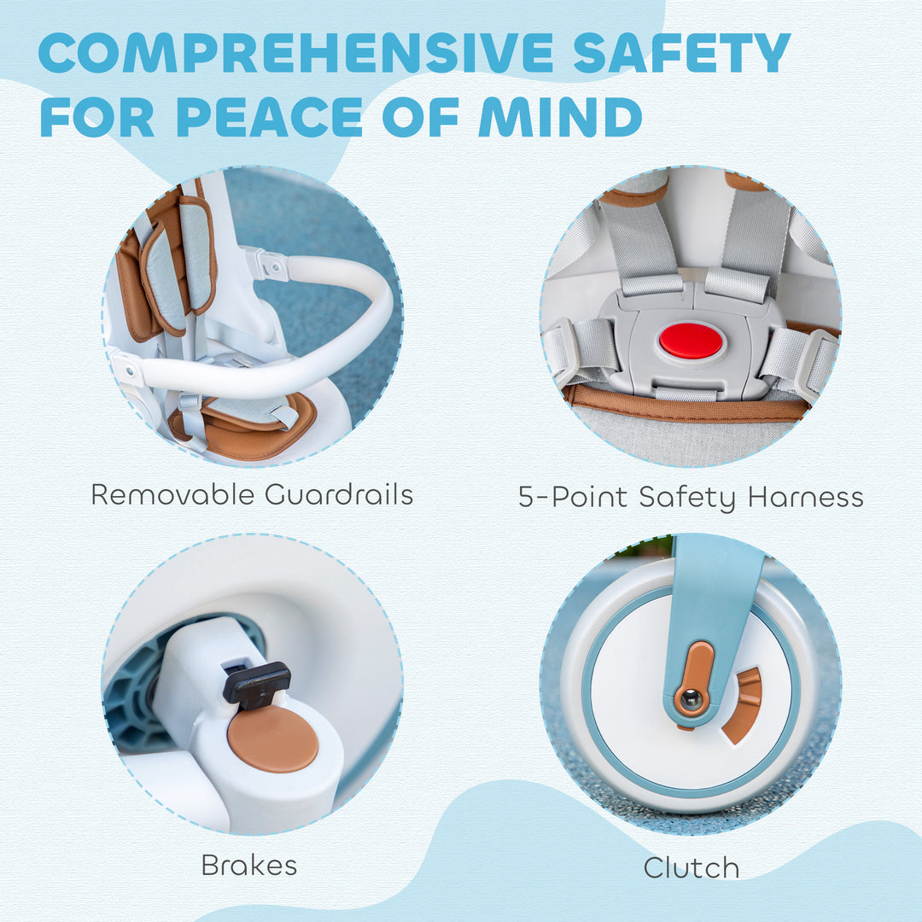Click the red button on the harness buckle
click(x=691, y=341)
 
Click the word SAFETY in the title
click(x=681, y=53)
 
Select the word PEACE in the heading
click(x=269, y=116)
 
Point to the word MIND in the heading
click(x=560, y=116)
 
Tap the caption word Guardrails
click(x=339, y=494)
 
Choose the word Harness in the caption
click(x=806, y=497)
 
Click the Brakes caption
click(x=249, y=865)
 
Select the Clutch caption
click(x=691, y=867)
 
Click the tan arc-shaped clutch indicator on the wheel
click(x=744, y=704)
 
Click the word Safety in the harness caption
click(x=687, y=498)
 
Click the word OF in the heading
click(x=420, y=116)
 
